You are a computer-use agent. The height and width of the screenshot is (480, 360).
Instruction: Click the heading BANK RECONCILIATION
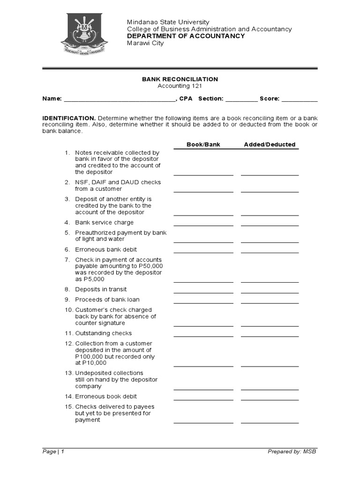tap(180, 79)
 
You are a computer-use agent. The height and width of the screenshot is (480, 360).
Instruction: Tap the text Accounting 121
tap(180, 86)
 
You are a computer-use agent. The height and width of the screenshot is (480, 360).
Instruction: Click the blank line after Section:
tap(241, 99)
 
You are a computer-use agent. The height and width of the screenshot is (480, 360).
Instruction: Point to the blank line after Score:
tap(300, 99)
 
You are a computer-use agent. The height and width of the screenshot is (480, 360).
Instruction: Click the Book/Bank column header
tap(203, 144)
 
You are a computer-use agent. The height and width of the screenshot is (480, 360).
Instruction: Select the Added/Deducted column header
tap(270, 144)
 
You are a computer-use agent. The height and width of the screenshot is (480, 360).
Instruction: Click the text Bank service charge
tap(104, 223)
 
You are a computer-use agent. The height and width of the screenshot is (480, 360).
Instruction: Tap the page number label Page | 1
tap(53, 451)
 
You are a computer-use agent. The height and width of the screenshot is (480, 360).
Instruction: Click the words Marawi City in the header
tap(145, 44)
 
